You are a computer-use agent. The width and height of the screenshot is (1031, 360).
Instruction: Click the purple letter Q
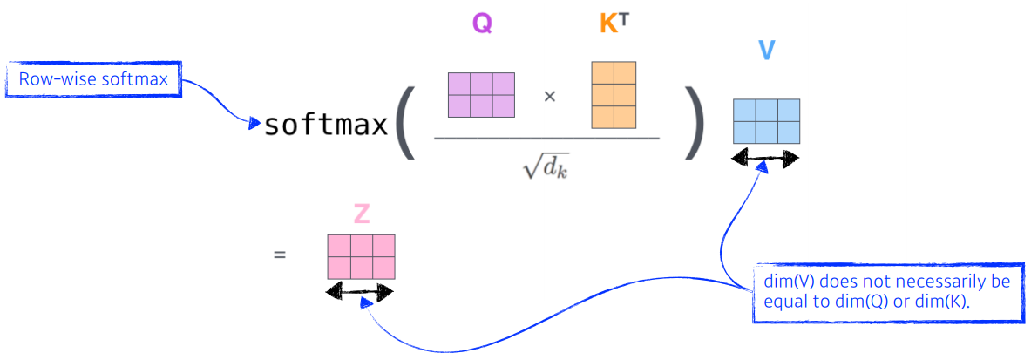pos(482,23)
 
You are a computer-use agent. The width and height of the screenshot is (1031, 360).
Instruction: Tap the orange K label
pos(608,24)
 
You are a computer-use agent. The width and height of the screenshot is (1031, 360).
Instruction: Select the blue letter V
pos(766,50)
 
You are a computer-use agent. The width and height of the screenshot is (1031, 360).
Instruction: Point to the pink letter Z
pos(361,214)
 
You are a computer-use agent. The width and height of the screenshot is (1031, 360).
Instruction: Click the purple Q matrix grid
pos(481,95)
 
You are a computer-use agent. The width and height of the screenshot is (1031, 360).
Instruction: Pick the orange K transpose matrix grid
pos(613,94)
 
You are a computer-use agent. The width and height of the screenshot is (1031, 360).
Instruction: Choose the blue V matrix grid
pos(766,120)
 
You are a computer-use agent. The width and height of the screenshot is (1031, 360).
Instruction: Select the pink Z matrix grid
pos(361,256)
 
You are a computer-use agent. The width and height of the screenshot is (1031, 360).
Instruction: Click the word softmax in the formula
pos(326,126)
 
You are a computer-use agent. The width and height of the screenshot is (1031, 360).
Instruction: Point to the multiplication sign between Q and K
pos(549,96)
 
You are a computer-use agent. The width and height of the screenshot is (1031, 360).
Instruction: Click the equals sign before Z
pos(280,256)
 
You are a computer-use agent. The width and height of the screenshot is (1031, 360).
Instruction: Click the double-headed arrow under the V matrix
pos(766,158)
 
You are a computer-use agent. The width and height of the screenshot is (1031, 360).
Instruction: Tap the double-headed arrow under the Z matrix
pos(359,292)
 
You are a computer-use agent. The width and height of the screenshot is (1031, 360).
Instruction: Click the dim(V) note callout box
pos(887,291)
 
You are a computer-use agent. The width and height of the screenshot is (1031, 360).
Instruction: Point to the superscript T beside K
pos(624,18)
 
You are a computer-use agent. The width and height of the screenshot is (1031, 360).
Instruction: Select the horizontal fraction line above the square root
pos(547,137)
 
